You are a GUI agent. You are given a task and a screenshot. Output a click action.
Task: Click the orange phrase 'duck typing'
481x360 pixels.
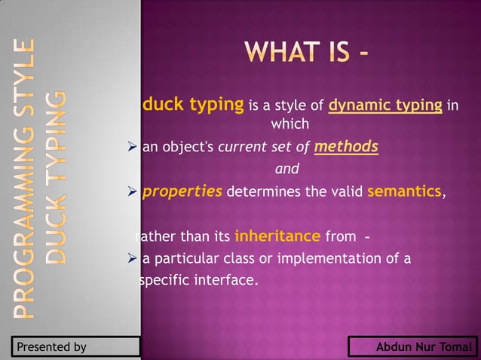pos(192,104)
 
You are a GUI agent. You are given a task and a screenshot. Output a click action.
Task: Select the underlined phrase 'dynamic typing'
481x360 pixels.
pos(384,105)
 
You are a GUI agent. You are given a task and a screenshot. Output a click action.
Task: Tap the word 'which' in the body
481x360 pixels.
pos(290,124)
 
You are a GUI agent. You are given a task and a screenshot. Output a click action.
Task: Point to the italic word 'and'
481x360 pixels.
pos(286,169)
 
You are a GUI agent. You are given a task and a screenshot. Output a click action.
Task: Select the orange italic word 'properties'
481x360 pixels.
pos(182,191)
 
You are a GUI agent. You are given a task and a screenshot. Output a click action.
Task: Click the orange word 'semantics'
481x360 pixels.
pos(404,191)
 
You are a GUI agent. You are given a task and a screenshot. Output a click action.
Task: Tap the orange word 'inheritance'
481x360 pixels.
pos(277,236)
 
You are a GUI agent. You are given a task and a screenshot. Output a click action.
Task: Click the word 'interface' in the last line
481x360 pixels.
pos(227,282)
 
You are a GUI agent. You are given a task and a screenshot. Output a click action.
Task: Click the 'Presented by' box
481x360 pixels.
pos(75,347)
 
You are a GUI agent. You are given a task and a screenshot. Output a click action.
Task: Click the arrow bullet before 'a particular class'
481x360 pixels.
pos(133,260)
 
